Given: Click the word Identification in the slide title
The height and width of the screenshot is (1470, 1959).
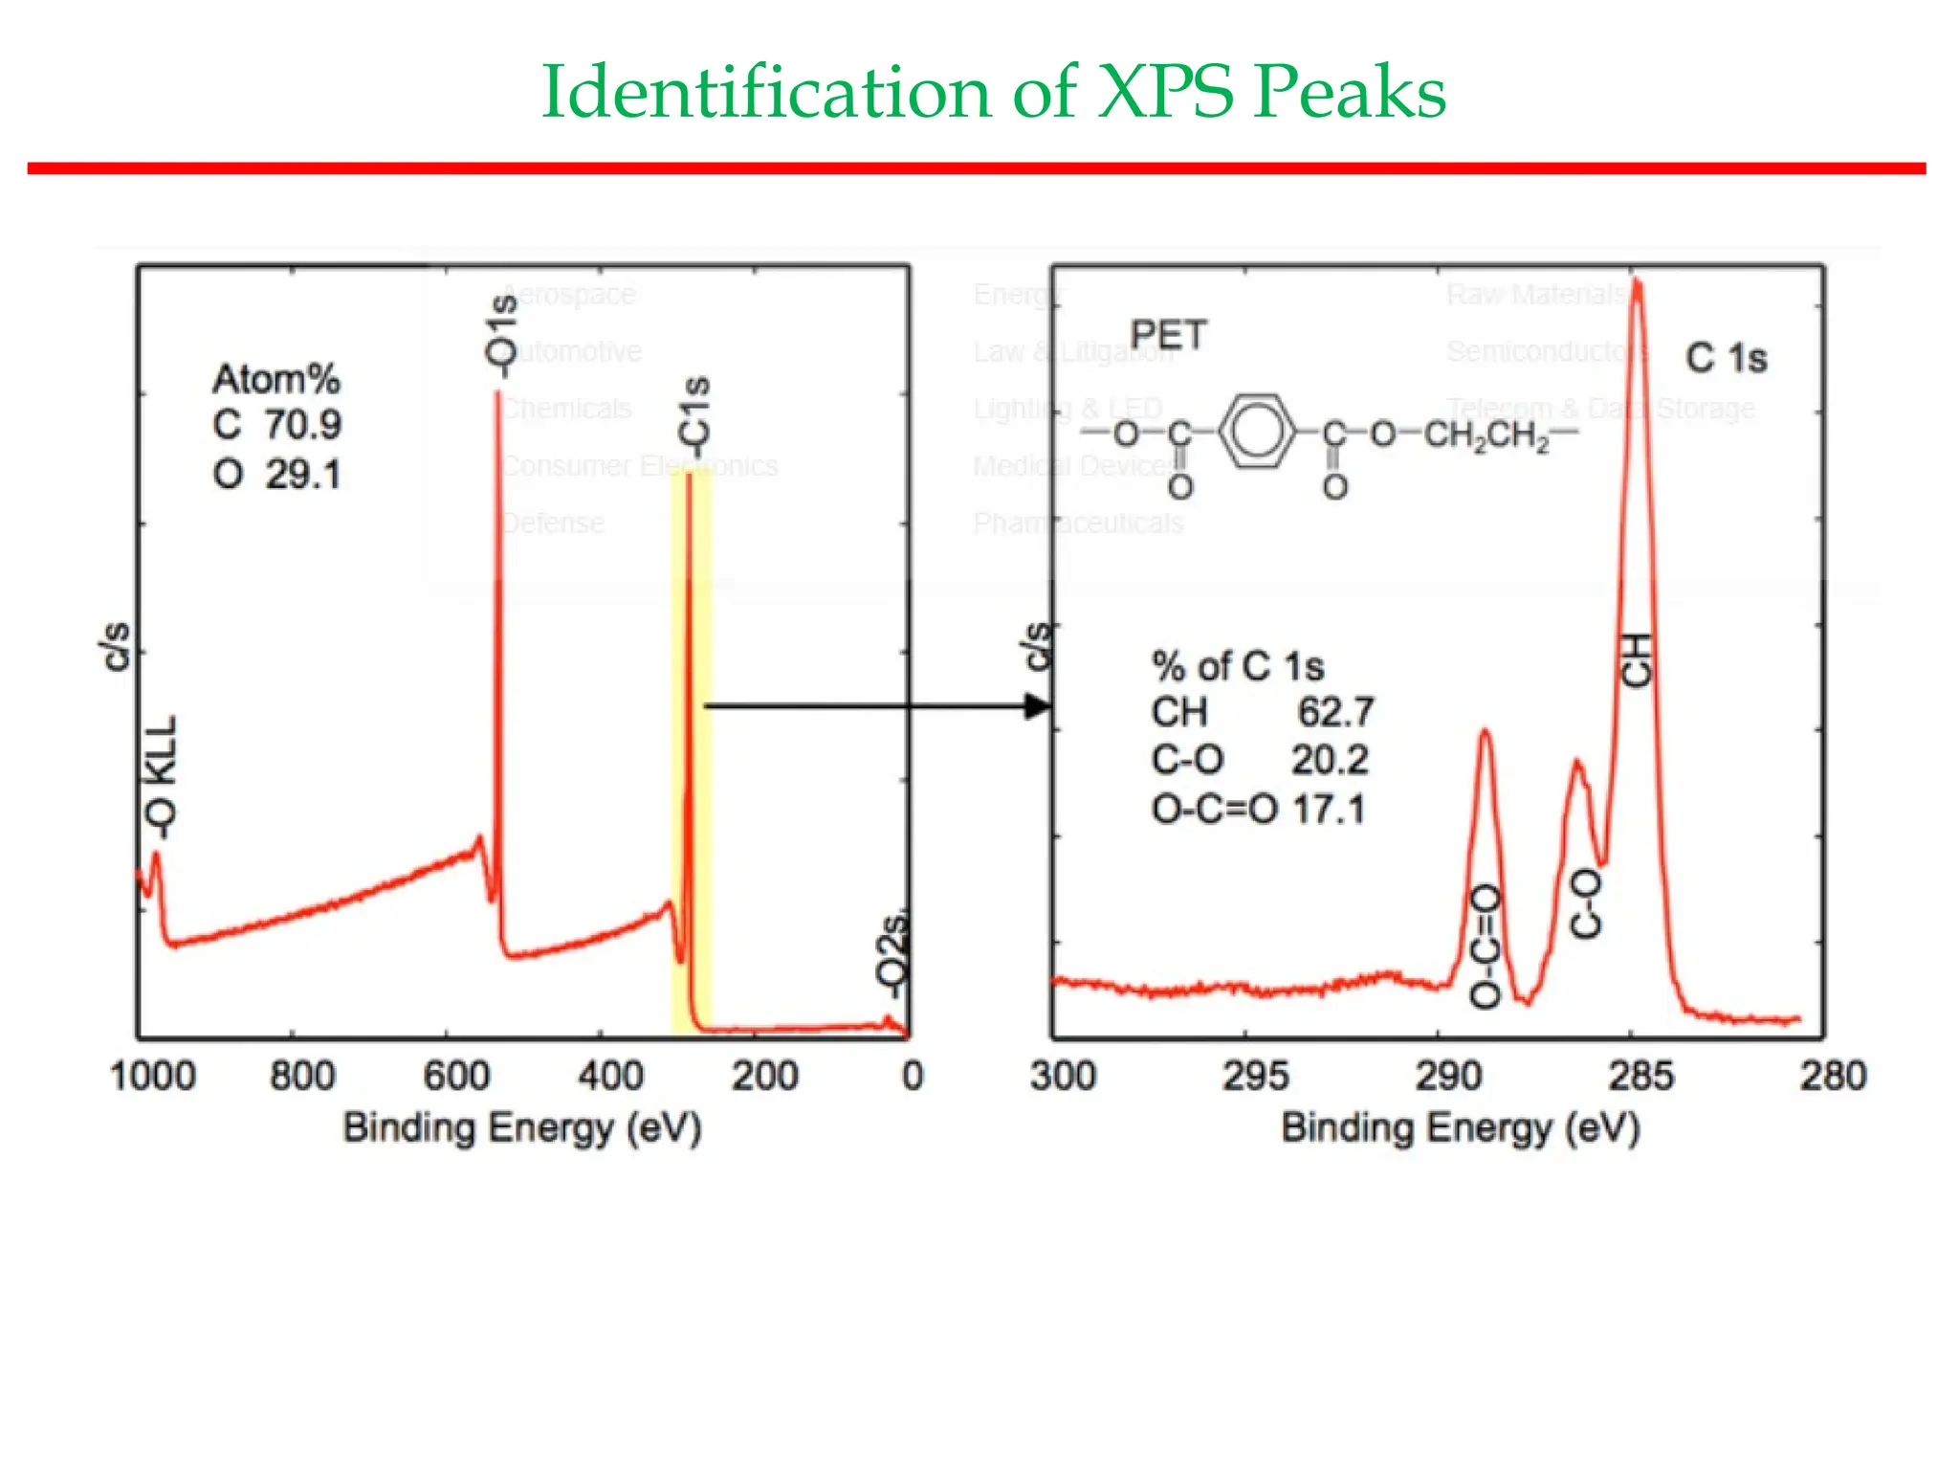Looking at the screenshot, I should tap(765, 93).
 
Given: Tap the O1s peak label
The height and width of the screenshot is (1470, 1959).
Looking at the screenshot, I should tap(501, 330).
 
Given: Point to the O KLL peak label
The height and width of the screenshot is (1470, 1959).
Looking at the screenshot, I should tap(161, 777).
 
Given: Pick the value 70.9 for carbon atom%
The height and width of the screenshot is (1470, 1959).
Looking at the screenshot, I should tap(303, 425).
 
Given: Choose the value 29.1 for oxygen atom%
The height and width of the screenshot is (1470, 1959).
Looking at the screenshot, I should tap(303, 475).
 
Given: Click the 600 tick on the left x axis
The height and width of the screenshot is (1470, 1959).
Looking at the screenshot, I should tap(456, 1077).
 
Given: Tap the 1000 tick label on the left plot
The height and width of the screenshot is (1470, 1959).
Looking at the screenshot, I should tap(152, 1077).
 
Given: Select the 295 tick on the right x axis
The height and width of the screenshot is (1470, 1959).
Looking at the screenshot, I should tap(1254, 1077).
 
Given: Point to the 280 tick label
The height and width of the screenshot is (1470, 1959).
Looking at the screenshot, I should tap(1832, 1077).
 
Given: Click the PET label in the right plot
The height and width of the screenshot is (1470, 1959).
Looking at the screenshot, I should tap(1168, 335).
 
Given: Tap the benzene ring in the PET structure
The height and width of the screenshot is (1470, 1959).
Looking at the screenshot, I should tap(1255, 433).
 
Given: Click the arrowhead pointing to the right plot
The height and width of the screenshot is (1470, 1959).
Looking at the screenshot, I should tap(1037, 707).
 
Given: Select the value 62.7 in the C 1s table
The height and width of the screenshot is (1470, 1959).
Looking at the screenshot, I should tap(1335, 712).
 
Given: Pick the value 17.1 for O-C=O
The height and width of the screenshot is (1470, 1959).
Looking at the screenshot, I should tap(1329, 811).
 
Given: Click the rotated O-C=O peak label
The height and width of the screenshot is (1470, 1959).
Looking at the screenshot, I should tap(1486, 946).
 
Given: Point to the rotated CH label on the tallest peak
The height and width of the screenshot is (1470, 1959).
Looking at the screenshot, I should tap(1637, 660).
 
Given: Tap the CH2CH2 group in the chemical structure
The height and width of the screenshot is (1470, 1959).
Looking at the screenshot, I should tap(1486, 436).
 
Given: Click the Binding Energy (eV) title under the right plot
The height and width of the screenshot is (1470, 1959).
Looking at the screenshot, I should tap(1460, 1128).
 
